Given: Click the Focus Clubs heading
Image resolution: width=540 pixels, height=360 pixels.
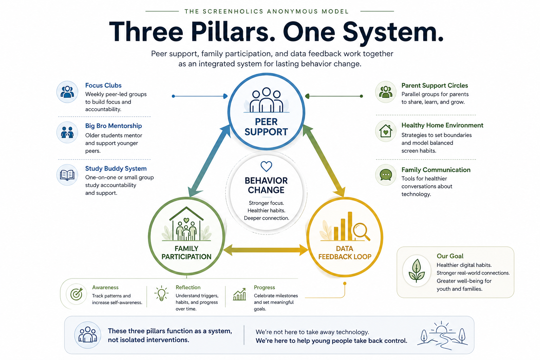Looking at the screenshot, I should [x=103, y=85].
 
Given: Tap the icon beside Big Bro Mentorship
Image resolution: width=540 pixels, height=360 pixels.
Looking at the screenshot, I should [x=67, y=132].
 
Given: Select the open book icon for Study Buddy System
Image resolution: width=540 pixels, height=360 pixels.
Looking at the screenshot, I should [x=67, y=175].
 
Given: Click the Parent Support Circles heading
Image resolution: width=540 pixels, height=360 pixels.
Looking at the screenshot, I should [x=435, y=85].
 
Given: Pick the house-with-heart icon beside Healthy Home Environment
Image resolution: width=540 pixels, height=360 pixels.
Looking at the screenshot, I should [x=386, y=131].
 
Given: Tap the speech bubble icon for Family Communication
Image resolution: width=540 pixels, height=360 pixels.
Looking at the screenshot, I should [x=386, y=175].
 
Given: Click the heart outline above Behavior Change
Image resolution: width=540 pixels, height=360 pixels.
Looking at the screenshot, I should [x=266, y=166].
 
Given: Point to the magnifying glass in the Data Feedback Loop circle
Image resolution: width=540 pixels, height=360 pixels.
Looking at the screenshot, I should [x=361, y=231].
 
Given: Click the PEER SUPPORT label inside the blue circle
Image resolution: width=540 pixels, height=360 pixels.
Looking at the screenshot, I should [x=266, y=127].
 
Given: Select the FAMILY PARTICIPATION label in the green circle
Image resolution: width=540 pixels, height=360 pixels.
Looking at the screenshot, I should [x=186, y=253].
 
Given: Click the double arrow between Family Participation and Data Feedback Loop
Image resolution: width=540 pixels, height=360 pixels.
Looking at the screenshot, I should [x=266, y=250].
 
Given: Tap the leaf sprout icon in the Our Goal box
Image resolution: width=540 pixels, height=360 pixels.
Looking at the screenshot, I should [x=417, y=271].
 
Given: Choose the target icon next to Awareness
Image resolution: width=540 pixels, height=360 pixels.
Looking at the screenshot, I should [x=76, y=294].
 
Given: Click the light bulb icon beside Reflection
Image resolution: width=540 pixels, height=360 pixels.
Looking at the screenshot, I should [x=161, y=293].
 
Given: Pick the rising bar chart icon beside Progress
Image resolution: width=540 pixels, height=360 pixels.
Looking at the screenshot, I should [x=239, y=295].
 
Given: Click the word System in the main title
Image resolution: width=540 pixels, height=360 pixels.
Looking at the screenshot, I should [x=393, y=32].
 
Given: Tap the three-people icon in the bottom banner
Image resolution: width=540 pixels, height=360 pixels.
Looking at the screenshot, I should [x=88, y=335].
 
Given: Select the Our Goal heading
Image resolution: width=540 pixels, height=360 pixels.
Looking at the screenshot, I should [x=450, y=256].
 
